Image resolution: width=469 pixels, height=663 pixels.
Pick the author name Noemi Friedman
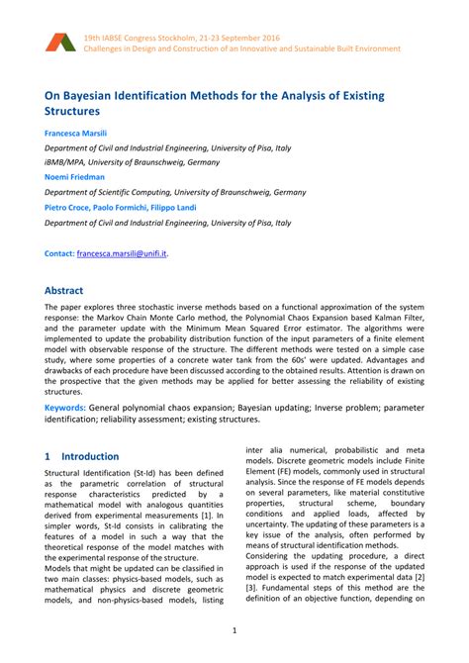pyautogui.click(x=73, y=177)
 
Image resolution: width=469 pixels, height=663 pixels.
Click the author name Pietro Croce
pyautogui.click(x=69, y=208)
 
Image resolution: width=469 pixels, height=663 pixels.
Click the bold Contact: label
pyautogui.click(x=59, y=253)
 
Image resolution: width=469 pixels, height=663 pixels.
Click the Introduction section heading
pyautogui.click(x=90, y=457)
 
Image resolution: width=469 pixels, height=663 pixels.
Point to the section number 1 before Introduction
pyautogui.click(x=48, y=457)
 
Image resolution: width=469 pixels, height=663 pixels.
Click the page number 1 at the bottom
pyautogui.click(x=234, y=630)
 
